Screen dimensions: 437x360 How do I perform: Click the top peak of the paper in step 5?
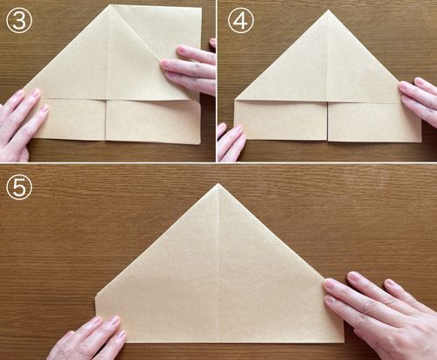[218, 183]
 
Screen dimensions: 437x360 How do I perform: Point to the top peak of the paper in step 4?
[329, 10]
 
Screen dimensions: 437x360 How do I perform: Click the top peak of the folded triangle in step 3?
[110, 5]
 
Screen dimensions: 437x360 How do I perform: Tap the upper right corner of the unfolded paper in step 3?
[201, 8]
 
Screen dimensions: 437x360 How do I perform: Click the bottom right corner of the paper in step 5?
[344, 342]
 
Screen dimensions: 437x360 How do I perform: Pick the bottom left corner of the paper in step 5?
[96, 342]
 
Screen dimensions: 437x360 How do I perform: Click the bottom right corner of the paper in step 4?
[421, 142]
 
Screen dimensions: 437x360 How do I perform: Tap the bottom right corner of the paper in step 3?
[200, 143]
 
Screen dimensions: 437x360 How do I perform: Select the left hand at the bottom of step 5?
[87, 339]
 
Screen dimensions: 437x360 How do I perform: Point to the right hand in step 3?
[190, 68]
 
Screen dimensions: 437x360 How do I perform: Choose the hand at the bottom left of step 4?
[231, 142]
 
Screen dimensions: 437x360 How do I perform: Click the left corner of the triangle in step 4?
[235, 100]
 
